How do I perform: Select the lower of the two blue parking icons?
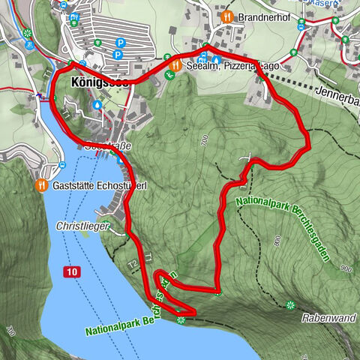pos(118,55)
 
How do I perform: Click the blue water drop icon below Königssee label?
pos(97,106)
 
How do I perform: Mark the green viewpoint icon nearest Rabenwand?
pos(290,304)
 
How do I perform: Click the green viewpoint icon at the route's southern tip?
pos(181,320)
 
